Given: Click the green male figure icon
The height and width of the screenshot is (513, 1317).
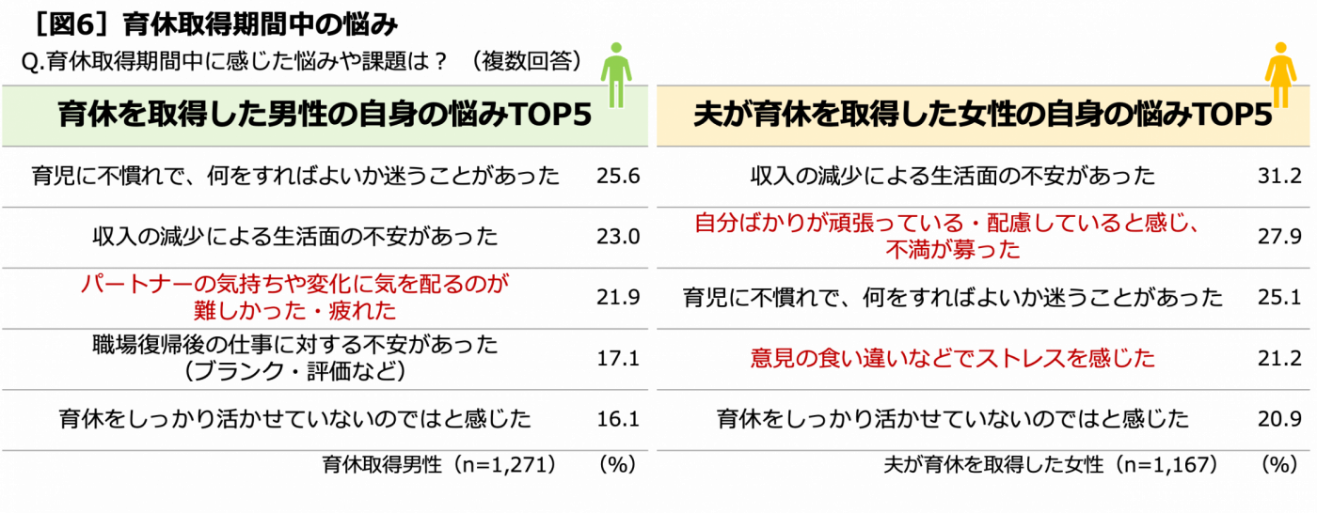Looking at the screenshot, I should coord(616,75).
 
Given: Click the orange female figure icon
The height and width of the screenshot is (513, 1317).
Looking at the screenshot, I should coord(1280,75).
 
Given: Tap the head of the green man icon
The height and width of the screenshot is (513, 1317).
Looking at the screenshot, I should coord(616,47).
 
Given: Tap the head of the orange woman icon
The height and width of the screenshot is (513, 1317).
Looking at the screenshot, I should coord(1280,47).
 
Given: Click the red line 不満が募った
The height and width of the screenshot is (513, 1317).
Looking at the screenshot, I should coord(952,252).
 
